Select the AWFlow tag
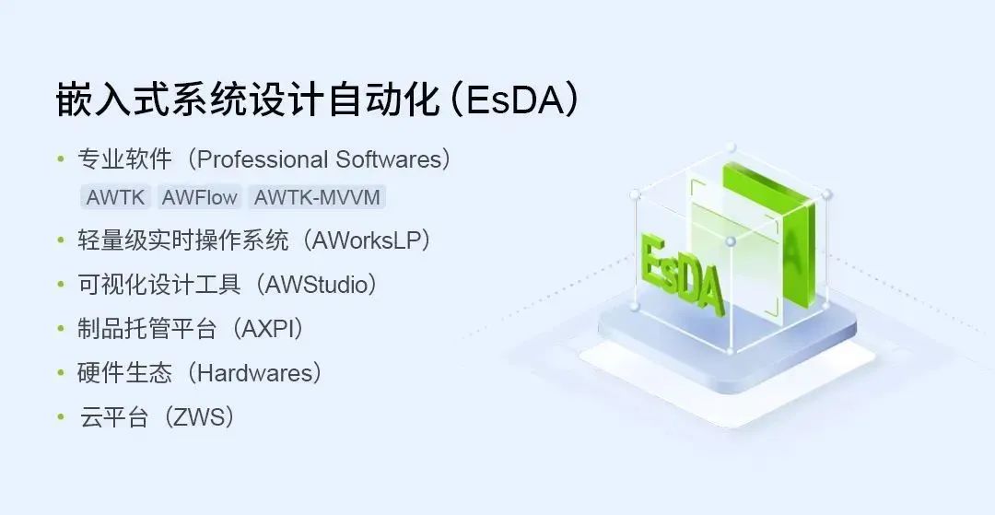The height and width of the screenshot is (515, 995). [x=200, y=197]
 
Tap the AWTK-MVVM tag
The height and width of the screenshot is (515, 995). [x=316, y=197]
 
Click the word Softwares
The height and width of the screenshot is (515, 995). [x=388, y=159]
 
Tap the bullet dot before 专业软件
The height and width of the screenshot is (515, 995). [x=61, y=159]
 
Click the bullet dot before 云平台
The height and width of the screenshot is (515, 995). [x=61, y=416]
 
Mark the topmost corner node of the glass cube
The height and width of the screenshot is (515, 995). [x=732, y=147]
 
